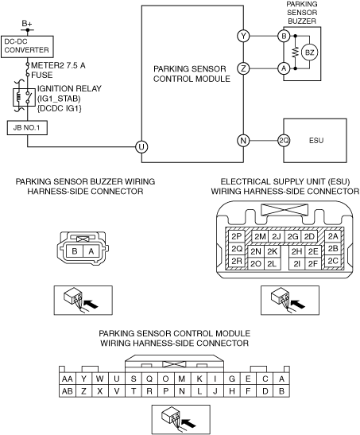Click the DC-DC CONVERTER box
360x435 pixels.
(27, 47)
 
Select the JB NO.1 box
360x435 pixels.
(27, 128)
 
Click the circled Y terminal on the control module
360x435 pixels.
(243, 36)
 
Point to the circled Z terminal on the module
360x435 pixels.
(243, 68)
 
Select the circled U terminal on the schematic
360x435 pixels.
(141, 147)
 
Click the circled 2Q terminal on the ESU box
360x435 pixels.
(284, 141)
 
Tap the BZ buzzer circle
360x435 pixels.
(309, 52)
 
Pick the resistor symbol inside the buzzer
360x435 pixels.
(295, 52)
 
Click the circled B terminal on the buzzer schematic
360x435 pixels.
(284, 36)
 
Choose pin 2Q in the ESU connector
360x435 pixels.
(237, 249)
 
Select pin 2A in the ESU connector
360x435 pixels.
(333, 236)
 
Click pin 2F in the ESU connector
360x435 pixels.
(313, 263)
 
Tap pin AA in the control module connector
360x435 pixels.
(68, 379)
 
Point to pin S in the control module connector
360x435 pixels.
(134, 379)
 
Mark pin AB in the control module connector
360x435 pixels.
(68, 391)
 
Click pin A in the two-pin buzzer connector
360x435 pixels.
(91, 251)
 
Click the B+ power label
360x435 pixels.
(27, 24)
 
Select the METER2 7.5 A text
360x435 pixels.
(58, 65)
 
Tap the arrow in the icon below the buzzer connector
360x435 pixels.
(91, 305)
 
